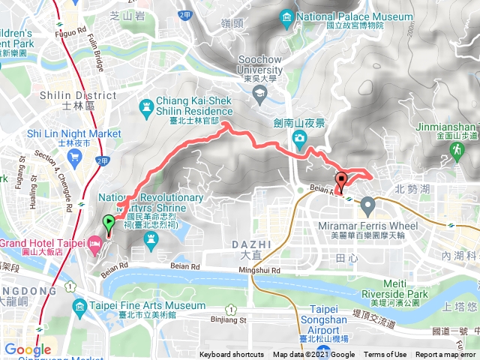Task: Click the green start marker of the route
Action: click(109, 222)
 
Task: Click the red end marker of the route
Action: click(342, 180)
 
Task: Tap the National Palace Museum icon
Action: click(286, 16)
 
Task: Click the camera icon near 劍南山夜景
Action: click(299, 137)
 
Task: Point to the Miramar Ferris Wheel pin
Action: click(367, 204)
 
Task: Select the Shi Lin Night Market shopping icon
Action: click(73, 157)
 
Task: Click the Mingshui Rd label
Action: click(259, 270)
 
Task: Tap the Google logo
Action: click(28, 349)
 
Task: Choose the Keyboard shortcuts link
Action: click(232, 355)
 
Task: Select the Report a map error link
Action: click(446, 355)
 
